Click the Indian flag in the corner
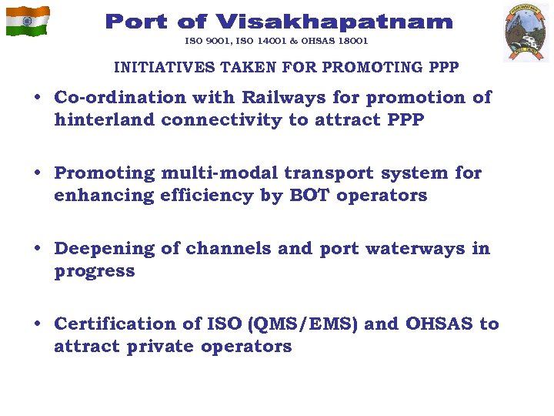28,21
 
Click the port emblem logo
526,32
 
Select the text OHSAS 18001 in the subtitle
336,41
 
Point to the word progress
95,271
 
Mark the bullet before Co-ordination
38,99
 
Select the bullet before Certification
38,325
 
